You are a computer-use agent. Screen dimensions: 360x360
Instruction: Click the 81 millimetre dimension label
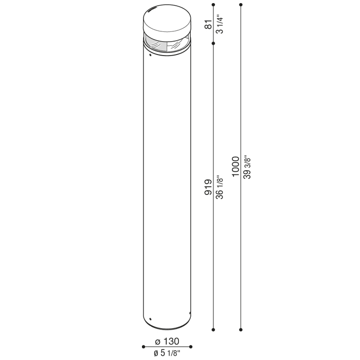point(209,24)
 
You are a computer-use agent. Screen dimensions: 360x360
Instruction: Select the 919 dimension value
point(208,187)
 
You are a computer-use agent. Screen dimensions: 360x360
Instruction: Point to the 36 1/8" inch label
point(220,187)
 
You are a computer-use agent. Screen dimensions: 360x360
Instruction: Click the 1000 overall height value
point(236,167)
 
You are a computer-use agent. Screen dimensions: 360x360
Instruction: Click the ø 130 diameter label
point(167,341)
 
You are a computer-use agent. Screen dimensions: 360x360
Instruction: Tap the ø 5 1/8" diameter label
point(167,353)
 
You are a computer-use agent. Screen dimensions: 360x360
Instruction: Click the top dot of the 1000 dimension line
point(241,5)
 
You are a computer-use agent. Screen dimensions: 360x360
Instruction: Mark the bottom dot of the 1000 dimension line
point(241,330)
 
